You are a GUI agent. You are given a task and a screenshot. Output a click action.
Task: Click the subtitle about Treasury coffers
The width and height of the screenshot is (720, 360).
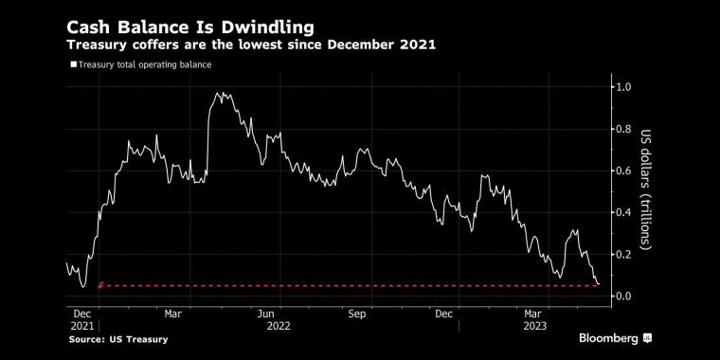pos(250,45)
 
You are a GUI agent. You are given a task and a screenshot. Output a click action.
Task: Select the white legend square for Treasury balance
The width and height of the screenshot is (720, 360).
pos(72,64)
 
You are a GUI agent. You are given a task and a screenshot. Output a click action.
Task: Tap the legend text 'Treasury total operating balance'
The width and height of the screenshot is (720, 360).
pos(143,64)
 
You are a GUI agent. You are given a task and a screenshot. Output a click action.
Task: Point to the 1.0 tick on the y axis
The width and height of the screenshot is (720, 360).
pos(624,87)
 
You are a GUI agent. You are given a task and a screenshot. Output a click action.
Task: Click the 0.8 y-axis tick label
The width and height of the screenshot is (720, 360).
pos(624,129)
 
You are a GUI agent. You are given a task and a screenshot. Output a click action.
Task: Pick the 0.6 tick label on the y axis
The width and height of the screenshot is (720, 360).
pos(624,171)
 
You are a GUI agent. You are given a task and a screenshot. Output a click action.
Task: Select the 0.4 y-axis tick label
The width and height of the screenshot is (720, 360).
pos(624,212)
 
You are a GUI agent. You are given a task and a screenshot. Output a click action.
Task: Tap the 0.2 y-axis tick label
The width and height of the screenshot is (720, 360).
pos(624,254)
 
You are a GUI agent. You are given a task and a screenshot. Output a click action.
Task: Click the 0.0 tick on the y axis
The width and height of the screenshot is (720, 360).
pos(624,296)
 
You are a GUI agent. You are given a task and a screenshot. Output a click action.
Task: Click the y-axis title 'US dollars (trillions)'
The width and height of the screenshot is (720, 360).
pos(647,189)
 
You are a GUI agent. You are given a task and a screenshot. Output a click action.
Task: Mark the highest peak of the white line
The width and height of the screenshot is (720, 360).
pos(219,93)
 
